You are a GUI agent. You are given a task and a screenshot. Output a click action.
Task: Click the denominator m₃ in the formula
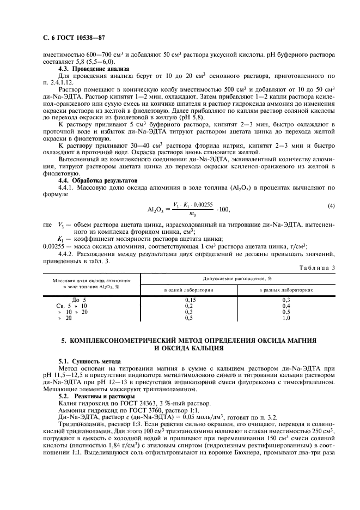[191, 214]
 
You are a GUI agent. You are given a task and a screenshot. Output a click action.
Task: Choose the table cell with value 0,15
[190, 300]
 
